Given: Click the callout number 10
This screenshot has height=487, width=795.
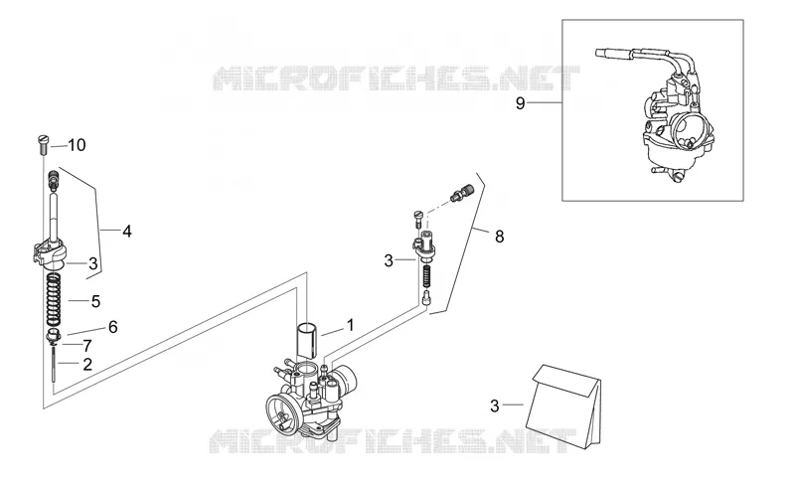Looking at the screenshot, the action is tap(78, 145).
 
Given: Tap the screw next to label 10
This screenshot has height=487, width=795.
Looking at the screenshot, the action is tap(43, 144).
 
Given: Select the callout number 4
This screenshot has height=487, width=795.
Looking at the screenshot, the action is tap(127, 232).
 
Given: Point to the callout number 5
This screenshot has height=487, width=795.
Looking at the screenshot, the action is tap(95, 301).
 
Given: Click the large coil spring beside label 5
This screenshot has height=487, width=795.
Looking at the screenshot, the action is tap(54, 300).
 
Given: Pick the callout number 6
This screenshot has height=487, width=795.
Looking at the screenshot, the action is tap(112, 327).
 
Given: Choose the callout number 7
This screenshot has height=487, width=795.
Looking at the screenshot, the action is tap(87, 346).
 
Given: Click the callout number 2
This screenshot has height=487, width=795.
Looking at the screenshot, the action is tap(87, 364).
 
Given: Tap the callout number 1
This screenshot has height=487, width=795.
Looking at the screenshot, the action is tap(350, 325).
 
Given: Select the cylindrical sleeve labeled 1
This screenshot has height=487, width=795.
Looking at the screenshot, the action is tap(308, 339).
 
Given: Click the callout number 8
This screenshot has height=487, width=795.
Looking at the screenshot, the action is tap(500, 237).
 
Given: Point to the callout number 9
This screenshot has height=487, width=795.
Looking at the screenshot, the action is tap(520, 103).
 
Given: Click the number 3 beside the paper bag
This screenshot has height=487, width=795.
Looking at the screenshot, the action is tap(495, 406).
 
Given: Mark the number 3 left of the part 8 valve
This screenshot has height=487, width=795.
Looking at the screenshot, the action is tap(389, 260).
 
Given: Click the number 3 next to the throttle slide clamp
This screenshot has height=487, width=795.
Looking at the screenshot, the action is tap(92, 263).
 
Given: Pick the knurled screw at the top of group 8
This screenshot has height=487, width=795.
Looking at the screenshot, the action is tap(462, 193).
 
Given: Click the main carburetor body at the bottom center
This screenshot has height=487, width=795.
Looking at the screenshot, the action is tap(310, 398).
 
